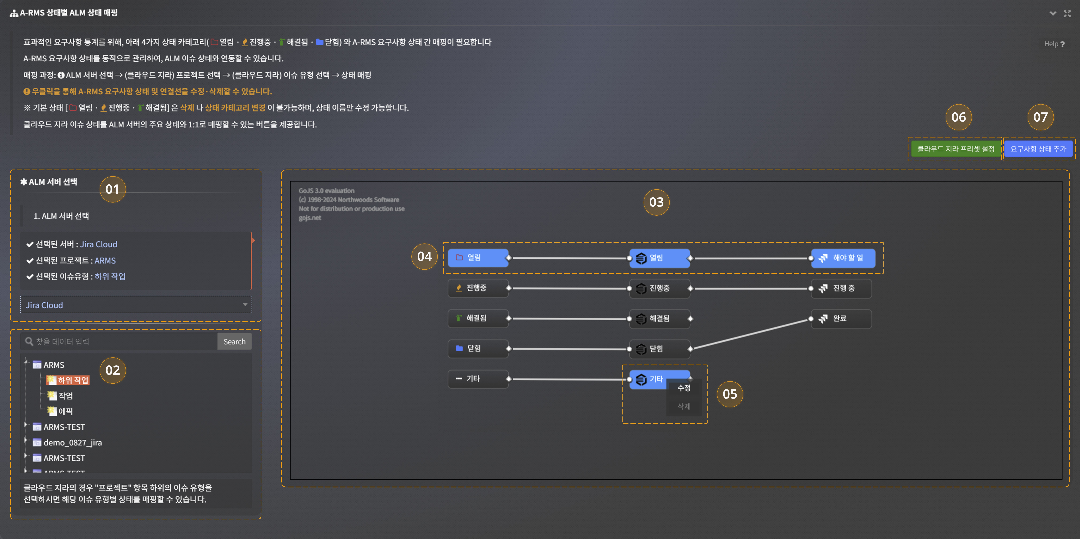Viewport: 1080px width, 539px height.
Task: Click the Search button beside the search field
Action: [x=234, y=342]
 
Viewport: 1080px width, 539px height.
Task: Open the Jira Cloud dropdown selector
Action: [x=136, y=305]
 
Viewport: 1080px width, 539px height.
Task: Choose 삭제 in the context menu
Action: [x=684, y=406]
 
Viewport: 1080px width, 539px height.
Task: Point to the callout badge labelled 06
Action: [x=958, y=117]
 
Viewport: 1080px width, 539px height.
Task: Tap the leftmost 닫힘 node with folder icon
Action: [x=478, y=348]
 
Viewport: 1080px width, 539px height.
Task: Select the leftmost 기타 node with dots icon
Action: [x=478, y=379]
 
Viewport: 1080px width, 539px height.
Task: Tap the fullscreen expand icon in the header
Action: [x=1067, y=13]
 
